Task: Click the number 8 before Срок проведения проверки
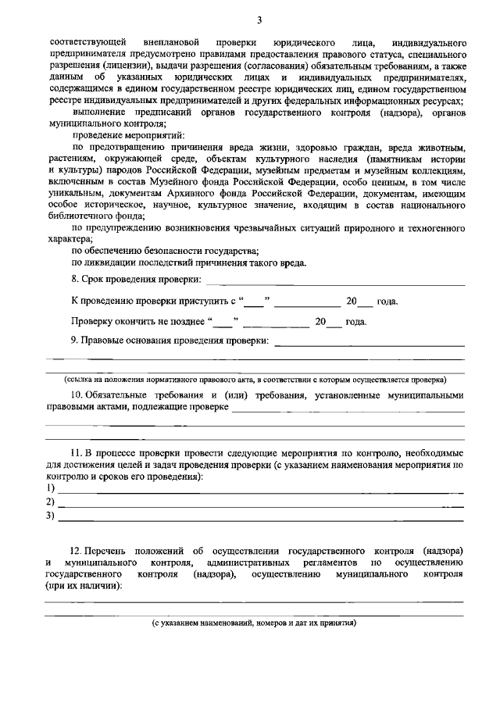pyautogui.click(x=74, y=280)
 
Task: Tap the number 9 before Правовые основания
pyautogui.click(x=74, y=340)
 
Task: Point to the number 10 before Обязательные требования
pyautogui.click(x=77, y=395)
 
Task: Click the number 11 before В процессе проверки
pyautogui.click(x=77, y=453)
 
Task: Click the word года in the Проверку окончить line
pyautogui.click(x=356, y=321)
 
